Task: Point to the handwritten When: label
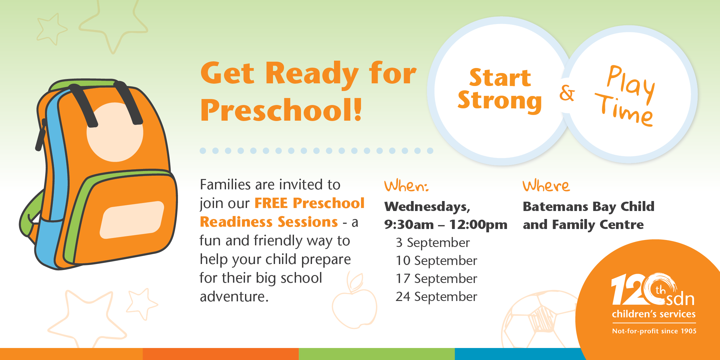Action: pos(406,186)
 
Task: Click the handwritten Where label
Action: pos(546,186)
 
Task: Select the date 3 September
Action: pos(433,243)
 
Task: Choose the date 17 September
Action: pos(436,279)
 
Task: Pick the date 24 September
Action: pos(436,297)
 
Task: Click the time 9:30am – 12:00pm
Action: pos(445,225)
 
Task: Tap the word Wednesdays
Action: pos(427,207)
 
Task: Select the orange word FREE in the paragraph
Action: pos(271,203)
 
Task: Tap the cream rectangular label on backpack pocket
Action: pos(132,220)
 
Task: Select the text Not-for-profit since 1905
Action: pos(654,331)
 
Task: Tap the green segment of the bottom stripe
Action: pos(377,354)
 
